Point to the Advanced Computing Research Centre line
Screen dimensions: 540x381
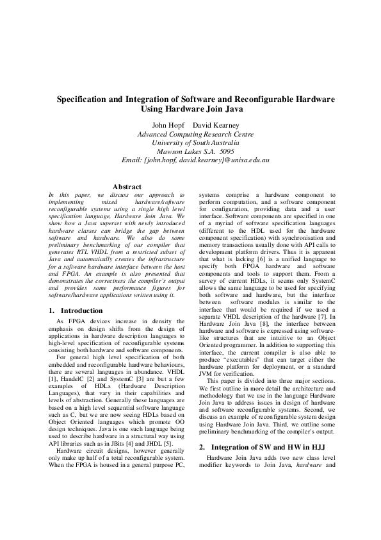pos(195,134)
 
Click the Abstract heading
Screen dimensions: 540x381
pos(127,187)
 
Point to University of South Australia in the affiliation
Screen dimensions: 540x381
pos(195,143)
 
